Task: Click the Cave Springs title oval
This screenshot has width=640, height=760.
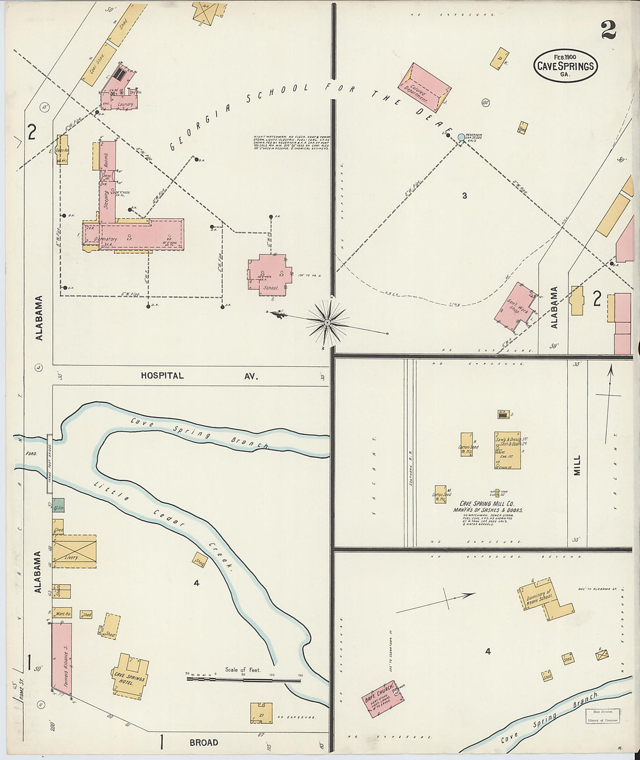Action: click(566, 65)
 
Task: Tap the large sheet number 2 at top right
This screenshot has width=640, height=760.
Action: click(609, 30)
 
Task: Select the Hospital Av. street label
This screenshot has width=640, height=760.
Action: click(198, 376)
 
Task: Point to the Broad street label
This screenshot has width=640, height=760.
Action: click(204, 743)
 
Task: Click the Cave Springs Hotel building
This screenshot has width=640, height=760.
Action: click(130, 676)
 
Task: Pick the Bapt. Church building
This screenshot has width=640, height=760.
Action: click(383, 698)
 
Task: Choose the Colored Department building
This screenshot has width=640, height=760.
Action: click(425, 88)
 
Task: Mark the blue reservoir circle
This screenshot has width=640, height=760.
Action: click(461, 137)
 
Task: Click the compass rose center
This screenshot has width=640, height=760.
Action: click(328, 321)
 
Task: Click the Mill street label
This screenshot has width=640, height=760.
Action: click(577, 465)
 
